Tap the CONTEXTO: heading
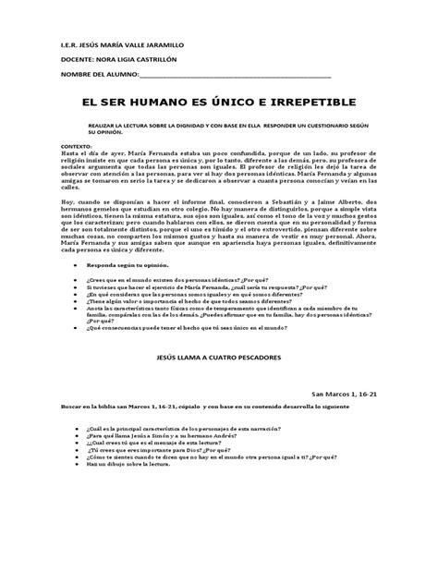(51, 146)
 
